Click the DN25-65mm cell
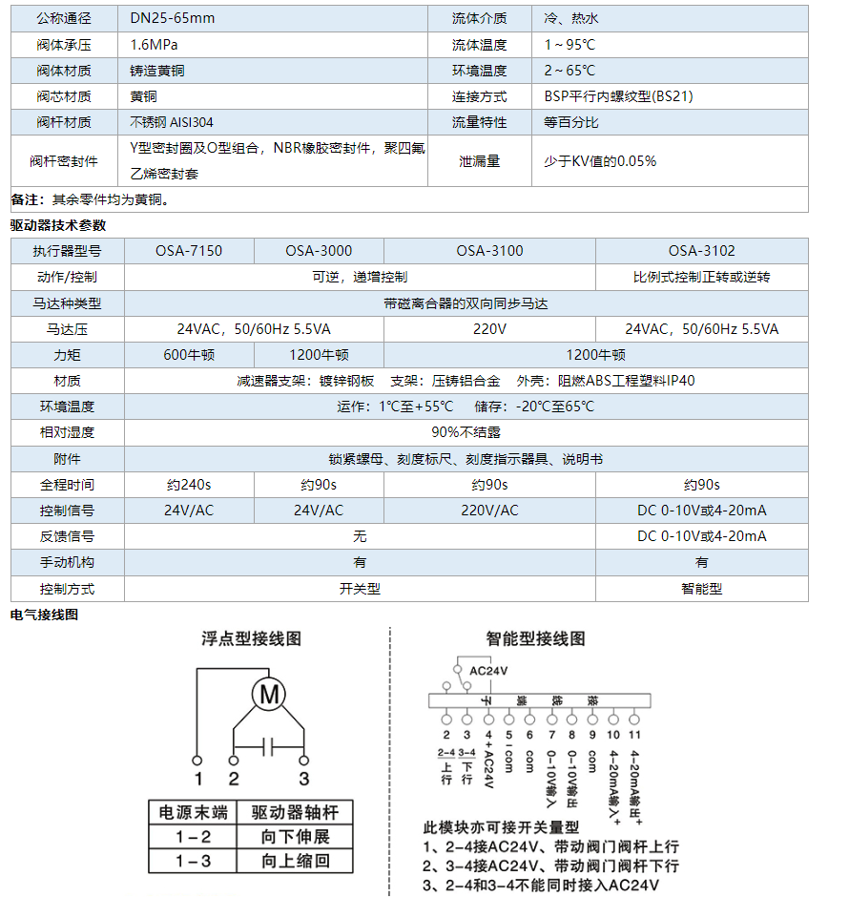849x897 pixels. pyautogui.click(x=173, y=18)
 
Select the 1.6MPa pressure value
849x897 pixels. pyautogui.click(x=155, y=45)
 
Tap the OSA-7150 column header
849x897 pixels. pyautogui.click(x=189, y=251)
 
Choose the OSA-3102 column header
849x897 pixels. pyautogui.click(x=701, y=251)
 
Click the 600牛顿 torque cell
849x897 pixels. pyautogui.click(x=189, y=354)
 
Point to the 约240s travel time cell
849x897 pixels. pyautogui.click(x=189, y=484)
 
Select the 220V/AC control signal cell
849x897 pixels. pyautogui.click(x=489, y=511)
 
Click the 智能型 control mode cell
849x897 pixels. pyautogui.click(x=701, y=589)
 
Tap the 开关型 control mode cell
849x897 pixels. pyautogui.click(x=360, y=589)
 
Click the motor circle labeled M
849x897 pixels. pyautogui.click(x=269, y=696)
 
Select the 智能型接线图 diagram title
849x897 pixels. pyautogui.click(x=535, y=638)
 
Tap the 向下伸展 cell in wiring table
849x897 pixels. pyautogui.click(x=295, y=837)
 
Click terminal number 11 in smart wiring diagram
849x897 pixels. pyautogui.click(x=634, y=735)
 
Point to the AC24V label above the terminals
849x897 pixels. pyautogui.click(x=489, y=671)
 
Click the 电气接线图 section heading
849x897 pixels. pyautogui.click(x=44, y=615)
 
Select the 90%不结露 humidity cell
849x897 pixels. pyautogui.click(x=465, y=432)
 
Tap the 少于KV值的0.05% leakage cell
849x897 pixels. pyautogui.click(x=600, y=161)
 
